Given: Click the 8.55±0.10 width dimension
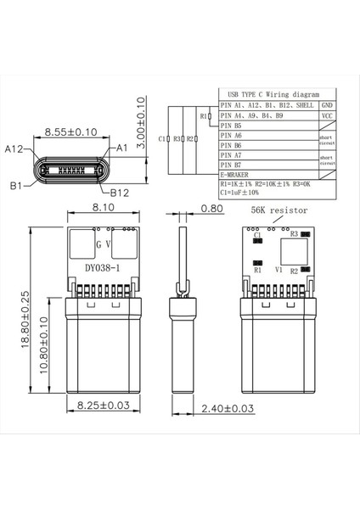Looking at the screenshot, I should [71, 132].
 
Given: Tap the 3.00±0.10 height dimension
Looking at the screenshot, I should [142, 127].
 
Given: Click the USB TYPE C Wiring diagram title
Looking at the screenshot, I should [267, 94].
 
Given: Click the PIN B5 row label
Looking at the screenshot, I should [232, 125].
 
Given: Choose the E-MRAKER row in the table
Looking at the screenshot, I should [237, 175].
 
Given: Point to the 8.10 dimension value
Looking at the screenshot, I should [104, 208].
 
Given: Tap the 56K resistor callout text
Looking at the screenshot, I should [279, 209].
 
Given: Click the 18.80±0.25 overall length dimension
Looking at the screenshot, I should [25, 318].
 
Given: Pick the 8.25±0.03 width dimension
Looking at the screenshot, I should [104, 406].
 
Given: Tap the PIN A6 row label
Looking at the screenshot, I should [232, 135].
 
